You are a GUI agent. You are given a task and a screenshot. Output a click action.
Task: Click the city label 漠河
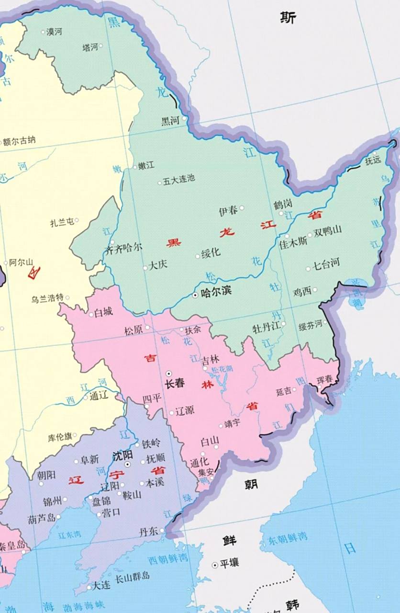(x=54, y=32)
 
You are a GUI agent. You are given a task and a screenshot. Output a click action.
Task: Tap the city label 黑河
(x=170, y=121)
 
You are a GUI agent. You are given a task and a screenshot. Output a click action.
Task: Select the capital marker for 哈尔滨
(x=195, y=295)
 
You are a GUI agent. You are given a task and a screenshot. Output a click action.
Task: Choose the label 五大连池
(x=179, y=180)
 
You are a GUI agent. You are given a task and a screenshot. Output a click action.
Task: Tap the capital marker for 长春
(x=168, y=373)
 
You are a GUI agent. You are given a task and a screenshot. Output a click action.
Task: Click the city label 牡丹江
(x=266, y=328)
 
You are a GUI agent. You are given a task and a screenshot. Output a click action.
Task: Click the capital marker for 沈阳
(x=127, y=465)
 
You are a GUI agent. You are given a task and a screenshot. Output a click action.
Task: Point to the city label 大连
(x=101, y=585)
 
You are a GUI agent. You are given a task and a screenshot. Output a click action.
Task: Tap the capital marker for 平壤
(x=215, y=565)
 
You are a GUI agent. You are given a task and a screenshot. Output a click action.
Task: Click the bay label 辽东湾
(x=70, y=534)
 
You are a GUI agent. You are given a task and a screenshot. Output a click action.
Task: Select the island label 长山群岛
(x=132, y=576)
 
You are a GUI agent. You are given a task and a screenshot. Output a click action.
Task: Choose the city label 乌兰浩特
(x=47, y=298)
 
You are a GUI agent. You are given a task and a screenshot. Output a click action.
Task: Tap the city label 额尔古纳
(x=19, y=141)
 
